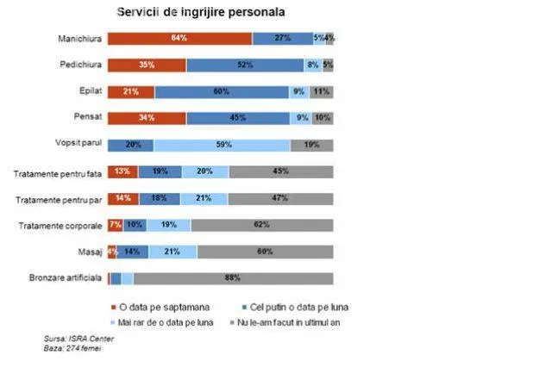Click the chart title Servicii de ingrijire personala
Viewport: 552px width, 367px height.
[201, 14]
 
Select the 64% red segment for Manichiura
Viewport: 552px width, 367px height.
[179, 38]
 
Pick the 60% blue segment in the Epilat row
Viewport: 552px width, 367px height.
[222, 91]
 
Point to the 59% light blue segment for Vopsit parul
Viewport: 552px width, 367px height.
[223, 145]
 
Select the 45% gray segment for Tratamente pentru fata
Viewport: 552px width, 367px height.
[281, 171]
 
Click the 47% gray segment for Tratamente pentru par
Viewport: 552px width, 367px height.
[280, 199]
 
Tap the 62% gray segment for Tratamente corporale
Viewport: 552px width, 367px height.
[262, 226]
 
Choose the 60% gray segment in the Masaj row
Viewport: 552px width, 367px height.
[266, 252]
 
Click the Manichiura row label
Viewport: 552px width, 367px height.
[79, 39]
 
